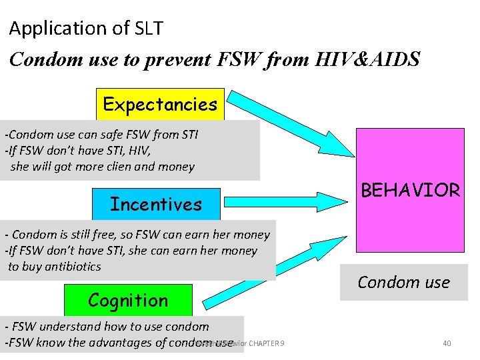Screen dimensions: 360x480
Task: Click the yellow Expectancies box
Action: point(160,104)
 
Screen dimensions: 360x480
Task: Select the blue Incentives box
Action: point(155,204)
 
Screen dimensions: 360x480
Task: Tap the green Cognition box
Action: point(128,300)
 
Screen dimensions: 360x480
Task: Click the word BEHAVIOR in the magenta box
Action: point(410,190)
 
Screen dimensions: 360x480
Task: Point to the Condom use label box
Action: point(403,282)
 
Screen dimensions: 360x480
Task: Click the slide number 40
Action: point(447,343)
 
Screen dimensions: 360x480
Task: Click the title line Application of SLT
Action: point(86,29)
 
